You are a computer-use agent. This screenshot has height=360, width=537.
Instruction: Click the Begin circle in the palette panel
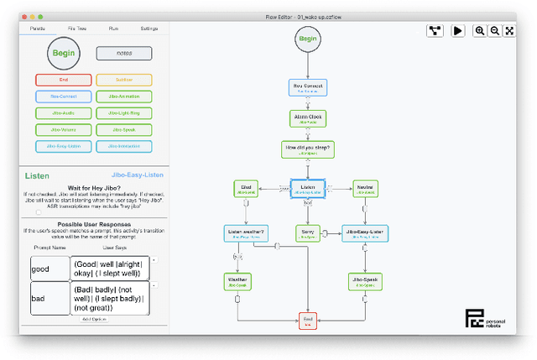coord(64,53)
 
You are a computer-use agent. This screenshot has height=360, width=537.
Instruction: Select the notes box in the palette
coord(124,53)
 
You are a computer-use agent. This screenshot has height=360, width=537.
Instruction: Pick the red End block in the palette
coord(64,80)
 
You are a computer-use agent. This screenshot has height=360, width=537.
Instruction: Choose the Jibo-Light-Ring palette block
coord(124,112)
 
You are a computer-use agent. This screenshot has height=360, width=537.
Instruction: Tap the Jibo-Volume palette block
coord(64,129)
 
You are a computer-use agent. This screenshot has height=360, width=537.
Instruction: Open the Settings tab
coord(149,29)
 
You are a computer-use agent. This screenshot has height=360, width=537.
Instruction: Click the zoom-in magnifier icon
coord(480,30)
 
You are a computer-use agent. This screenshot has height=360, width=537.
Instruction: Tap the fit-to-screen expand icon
coord(509,30)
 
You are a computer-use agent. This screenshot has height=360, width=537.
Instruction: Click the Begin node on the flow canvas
coord(308,39)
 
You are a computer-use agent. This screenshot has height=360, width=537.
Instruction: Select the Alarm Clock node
coord(308,117)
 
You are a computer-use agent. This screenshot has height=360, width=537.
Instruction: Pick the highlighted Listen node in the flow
coord(308,189)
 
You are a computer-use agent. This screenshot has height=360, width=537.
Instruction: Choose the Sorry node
coord(308,232)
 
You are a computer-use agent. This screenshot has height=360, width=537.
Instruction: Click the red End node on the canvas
coord(308,321)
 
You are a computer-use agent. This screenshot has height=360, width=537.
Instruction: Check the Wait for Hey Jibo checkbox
coord(39,212)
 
